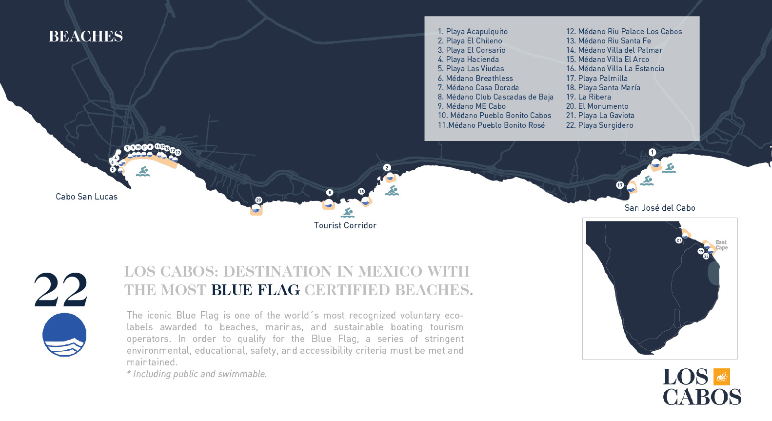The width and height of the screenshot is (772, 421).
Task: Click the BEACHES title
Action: pos(86,37)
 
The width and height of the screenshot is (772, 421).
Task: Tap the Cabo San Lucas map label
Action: pos(86,197)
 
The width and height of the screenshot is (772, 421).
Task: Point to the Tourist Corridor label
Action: pos(345,225)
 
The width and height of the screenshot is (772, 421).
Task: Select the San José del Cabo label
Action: pos(660,208)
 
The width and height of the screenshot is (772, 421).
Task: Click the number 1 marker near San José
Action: pos(653,153)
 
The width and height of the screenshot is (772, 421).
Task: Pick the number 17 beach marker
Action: pos(620,185)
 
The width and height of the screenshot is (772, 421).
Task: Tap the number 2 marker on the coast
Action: pos(387,168)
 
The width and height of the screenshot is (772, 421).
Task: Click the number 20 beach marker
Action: pos(258,200)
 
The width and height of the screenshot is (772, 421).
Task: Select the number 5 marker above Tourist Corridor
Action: pos(330,193)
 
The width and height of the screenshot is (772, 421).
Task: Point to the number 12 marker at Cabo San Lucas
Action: pos(178,153)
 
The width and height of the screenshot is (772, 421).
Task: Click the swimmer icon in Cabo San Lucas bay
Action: pos(143,172)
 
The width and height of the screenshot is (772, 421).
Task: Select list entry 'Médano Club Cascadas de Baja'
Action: pos(495,97)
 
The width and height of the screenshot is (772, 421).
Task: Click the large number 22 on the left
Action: pos(61,290)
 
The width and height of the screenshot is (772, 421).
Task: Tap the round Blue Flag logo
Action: pos(64,335)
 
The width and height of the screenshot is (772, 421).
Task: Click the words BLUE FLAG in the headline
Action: pos(256,290)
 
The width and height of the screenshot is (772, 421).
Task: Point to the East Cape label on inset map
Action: pos(721,245)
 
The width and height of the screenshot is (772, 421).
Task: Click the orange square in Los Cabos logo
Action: pos(722,377)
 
